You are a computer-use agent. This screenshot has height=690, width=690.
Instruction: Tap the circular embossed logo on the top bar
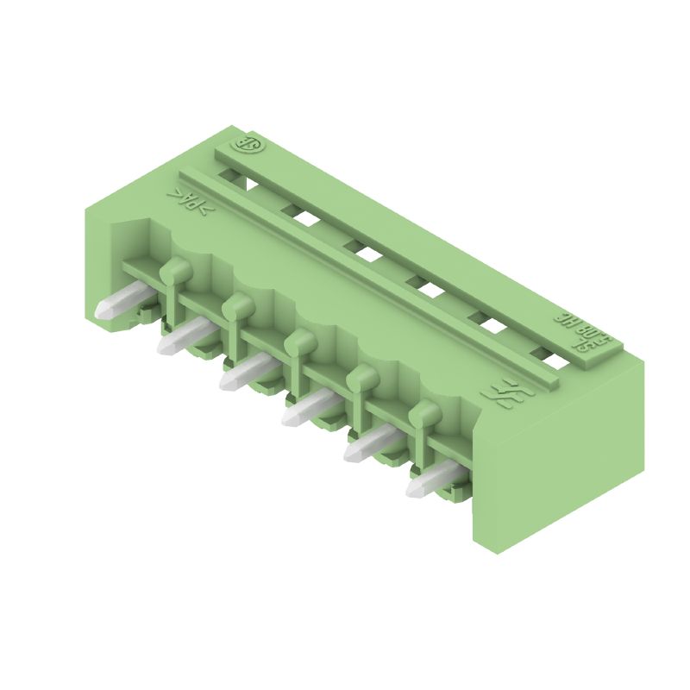[249, 145]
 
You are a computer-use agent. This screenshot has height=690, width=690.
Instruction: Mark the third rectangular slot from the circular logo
[365, 252]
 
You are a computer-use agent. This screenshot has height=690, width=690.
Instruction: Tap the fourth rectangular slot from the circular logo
[427, 288]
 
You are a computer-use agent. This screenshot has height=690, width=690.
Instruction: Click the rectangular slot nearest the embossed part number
[547, 355]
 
